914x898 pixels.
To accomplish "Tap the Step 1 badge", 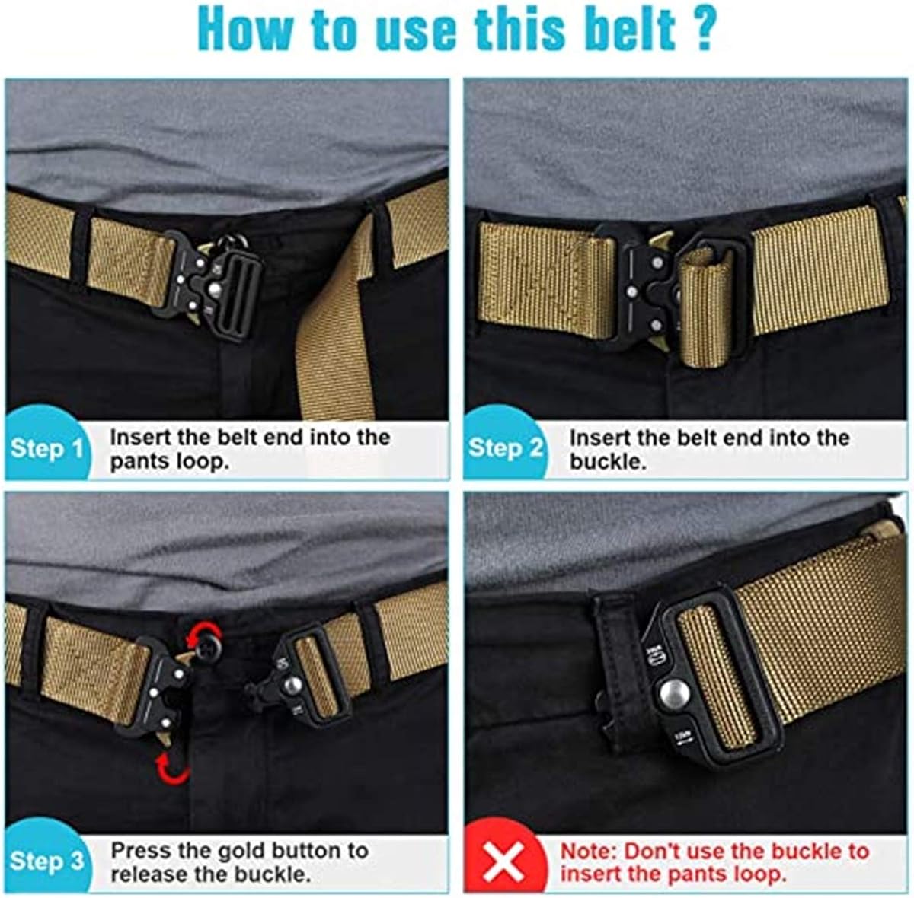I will (x=47, y=447).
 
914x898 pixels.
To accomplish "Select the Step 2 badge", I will (x=505, y=447).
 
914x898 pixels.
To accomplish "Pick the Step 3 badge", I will (x=47, y=861).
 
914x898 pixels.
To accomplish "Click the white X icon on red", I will (x=503, y=863).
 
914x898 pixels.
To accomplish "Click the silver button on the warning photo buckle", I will (x=674, y=693).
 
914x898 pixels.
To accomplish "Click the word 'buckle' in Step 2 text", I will (x=606, y=462).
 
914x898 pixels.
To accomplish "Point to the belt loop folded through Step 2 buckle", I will (x=705, y=304).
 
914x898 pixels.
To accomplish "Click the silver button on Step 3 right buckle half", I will (x=290, y=685).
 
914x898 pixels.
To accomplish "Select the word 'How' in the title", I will (x=244, y=29).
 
